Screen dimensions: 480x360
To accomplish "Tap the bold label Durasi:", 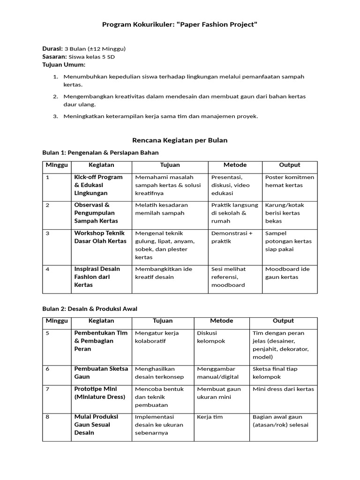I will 52,49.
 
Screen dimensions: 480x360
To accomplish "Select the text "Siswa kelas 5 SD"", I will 92,57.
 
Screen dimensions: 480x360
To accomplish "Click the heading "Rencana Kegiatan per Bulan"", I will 180,140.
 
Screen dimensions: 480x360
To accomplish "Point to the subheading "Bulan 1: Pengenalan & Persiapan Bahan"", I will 100,152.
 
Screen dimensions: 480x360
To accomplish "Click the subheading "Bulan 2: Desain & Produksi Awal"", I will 90,308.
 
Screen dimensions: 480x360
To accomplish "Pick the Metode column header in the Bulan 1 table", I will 235,165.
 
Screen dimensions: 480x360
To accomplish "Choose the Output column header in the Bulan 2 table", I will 283,321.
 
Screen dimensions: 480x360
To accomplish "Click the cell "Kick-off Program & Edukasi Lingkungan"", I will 98,185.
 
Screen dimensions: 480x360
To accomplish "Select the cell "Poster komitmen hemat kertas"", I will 289,181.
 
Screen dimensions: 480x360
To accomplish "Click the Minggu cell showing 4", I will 47,269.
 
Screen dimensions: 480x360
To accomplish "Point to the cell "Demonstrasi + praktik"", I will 232,237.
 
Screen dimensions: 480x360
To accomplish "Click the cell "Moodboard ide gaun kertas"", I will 287,273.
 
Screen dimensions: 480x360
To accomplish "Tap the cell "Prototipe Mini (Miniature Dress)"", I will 100,393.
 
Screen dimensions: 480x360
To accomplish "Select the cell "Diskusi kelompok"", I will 211,337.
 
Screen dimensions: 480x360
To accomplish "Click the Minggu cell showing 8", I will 47,417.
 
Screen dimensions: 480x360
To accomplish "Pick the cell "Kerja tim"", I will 210,417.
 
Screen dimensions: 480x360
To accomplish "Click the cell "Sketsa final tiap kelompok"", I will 275,373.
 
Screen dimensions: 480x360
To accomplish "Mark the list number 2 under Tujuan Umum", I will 55,96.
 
